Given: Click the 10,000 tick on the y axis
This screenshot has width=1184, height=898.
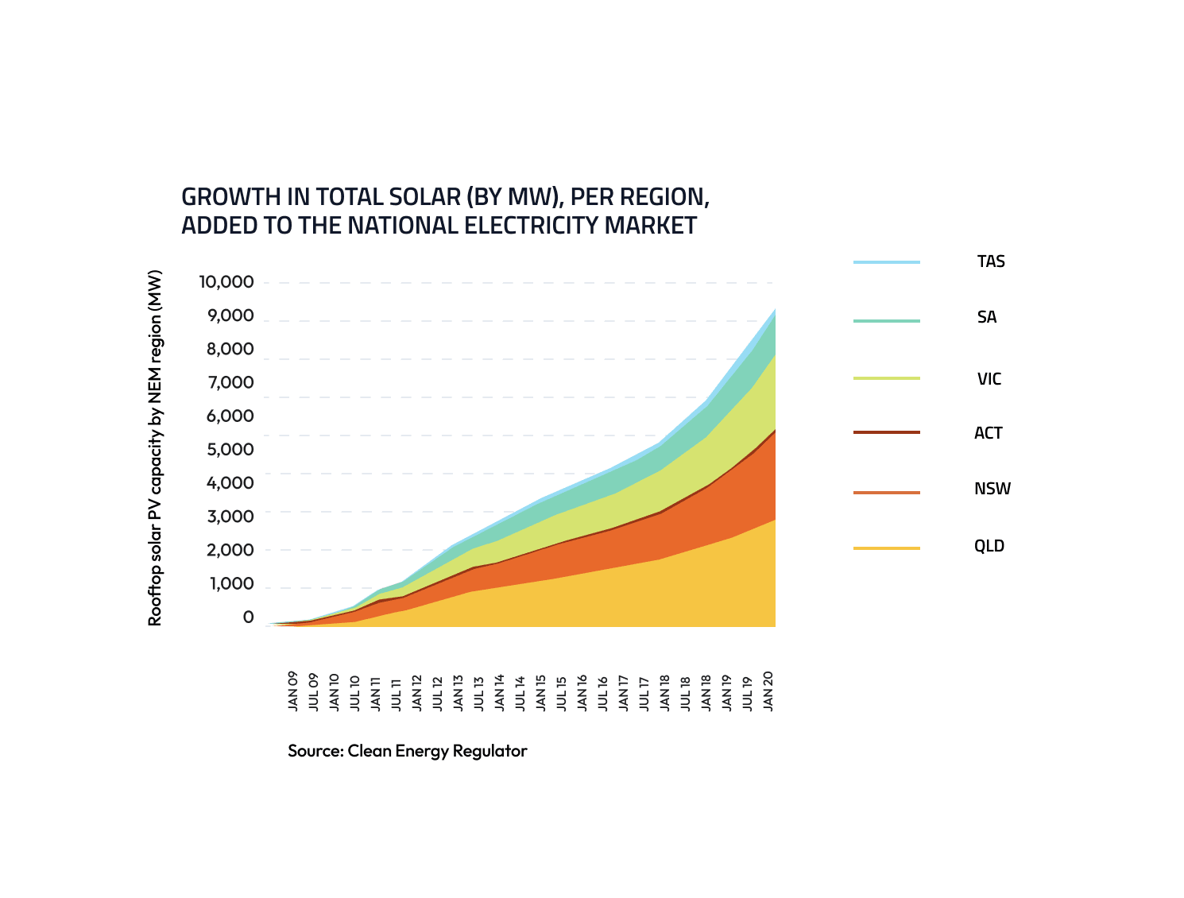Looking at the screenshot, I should pos(226,282).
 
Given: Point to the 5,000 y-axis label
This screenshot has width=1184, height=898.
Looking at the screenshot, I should pos(230,449).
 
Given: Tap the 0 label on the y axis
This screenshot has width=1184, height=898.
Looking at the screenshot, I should pos(248,617).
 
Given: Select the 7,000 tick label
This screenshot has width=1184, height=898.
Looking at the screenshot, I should pos(230,382).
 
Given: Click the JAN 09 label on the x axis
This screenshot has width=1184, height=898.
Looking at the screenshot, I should pos(293,691).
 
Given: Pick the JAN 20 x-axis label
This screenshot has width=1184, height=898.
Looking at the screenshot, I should pos(768,690).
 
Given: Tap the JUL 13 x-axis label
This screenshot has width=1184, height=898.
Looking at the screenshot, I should pos(479,693).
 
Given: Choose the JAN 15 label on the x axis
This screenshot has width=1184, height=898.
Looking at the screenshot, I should pos(541,691).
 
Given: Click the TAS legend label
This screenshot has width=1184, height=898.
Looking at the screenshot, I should pos(991,261).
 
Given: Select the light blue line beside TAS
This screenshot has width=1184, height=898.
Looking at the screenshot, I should pos(886,262).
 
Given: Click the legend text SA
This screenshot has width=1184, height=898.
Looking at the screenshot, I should pos(986,317).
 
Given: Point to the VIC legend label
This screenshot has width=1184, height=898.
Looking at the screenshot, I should pos(989,379).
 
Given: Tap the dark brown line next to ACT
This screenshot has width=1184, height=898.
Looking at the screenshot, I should pos(886,432).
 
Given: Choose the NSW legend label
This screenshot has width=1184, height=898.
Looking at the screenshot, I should pos(992,489).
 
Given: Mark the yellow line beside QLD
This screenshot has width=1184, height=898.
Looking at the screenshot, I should pos(886,548).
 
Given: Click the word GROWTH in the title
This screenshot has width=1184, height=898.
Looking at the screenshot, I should pos(230,196).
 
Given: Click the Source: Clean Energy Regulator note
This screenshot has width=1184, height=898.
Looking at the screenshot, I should pos(407,751).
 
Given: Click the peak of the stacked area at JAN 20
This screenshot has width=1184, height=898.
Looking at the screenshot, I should pos(774,311).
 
